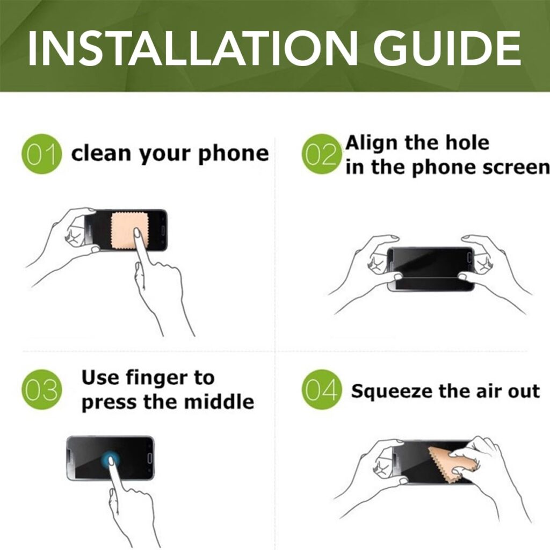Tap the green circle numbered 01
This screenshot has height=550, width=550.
[41, 154]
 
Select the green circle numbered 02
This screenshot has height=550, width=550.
[321, 154]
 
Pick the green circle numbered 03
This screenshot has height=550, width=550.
[41, 389]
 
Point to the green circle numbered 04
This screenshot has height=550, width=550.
[321, 389]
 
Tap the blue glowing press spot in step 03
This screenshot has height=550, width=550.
[111, 459]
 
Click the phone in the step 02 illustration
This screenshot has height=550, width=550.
[430, 269]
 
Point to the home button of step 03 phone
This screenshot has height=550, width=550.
[149, 458]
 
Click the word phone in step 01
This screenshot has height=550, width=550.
[233, 154]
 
